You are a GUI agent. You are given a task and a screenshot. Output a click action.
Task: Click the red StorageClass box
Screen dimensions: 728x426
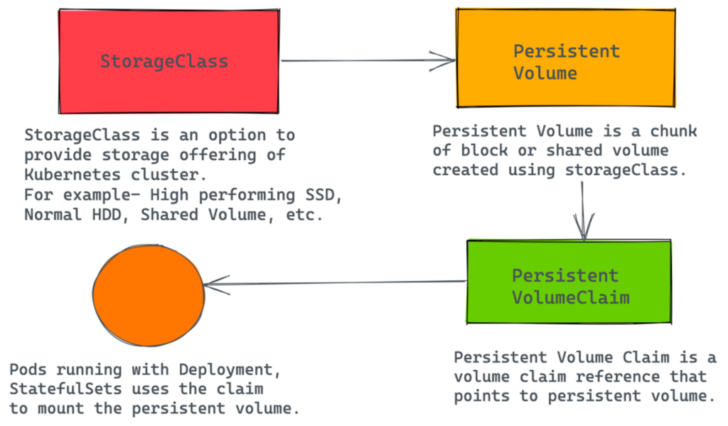[169, 61]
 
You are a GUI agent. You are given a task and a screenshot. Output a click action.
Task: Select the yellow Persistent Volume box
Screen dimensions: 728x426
[566, 58]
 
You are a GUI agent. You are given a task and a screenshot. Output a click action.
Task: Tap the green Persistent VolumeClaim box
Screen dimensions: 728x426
[569, 282]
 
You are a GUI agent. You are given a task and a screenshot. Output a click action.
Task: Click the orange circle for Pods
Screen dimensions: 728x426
[149, 295]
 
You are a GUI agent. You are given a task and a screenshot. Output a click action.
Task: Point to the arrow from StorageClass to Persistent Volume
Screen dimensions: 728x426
[368, 60]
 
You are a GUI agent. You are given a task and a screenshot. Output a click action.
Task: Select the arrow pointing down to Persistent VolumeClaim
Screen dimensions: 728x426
[583, 211]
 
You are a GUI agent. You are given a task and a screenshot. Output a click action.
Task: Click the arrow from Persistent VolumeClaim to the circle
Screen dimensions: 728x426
[335, 283]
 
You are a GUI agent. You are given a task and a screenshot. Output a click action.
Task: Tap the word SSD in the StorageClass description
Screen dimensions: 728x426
[320, 195]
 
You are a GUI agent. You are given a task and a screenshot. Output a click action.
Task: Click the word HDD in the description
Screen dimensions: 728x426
[107, 215]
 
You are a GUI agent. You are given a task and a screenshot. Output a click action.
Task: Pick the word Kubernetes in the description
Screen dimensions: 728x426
[73, 175]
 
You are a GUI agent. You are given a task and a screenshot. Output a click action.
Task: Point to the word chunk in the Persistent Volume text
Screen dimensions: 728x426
[673, 131]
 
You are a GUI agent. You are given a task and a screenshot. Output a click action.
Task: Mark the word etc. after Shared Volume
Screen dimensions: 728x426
[304, 215]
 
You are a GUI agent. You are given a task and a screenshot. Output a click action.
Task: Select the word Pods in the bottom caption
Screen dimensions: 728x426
[28, 370]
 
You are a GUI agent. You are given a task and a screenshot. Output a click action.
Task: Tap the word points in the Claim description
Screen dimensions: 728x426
[482, 396]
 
